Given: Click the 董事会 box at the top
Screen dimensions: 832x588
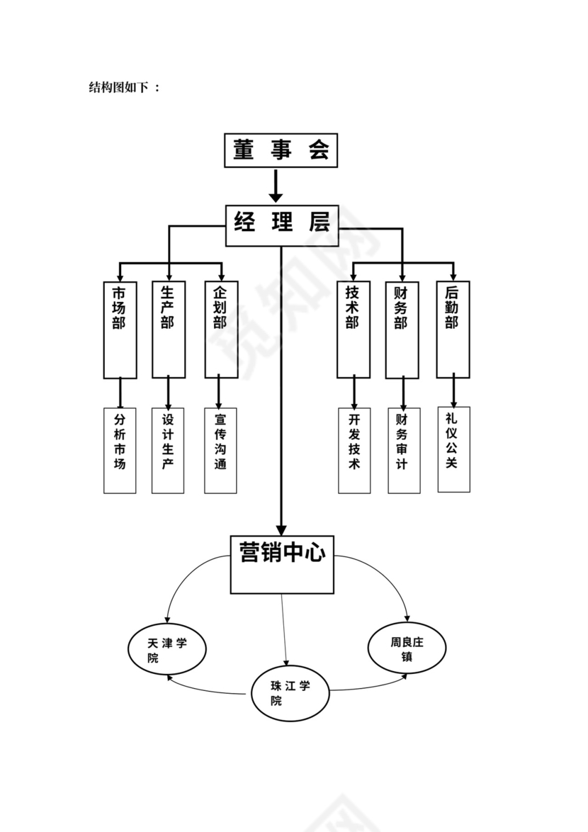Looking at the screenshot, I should (281, 150).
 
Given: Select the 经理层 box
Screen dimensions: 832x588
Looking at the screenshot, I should (282, 223).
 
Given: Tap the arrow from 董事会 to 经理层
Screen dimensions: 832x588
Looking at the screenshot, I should (276, 186).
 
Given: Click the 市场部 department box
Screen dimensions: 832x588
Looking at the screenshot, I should (120, 329).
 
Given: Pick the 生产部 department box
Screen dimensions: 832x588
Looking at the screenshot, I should (169, 329).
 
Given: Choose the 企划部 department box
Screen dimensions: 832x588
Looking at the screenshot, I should (221, 329).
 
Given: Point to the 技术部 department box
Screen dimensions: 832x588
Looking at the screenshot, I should (353, 329).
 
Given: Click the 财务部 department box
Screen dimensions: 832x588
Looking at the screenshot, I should (402, 329).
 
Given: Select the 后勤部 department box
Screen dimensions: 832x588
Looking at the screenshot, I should (453, 329).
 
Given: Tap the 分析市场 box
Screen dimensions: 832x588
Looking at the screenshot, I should (120, 450).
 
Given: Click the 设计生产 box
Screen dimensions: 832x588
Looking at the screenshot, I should (168, 450).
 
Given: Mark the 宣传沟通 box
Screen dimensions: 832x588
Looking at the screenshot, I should (220, 450).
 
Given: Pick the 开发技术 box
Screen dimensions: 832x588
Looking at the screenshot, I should (354, 450).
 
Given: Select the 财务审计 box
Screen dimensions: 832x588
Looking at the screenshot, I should (403, 450).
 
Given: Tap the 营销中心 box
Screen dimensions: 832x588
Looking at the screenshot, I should (282, 564).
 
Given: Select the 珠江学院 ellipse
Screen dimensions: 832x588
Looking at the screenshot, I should (290, 693).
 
